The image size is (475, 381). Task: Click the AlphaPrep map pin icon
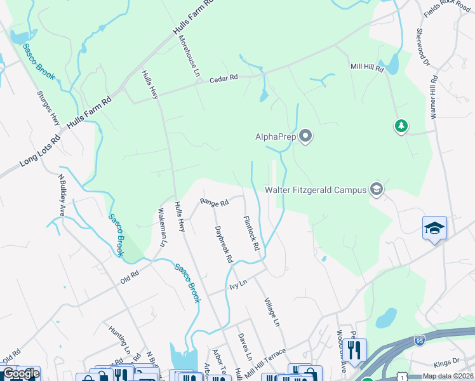[306, 137]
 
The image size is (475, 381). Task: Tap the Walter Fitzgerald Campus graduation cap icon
[377, 190]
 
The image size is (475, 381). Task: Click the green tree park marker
[401, 126]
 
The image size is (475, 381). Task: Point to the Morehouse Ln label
[189, 55]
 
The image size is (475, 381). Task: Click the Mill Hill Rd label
[368, 67]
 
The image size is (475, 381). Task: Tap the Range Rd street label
[214, 203]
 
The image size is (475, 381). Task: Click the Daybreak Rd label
[224, 244]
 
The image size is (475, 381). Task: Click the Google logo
[20, 374]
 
